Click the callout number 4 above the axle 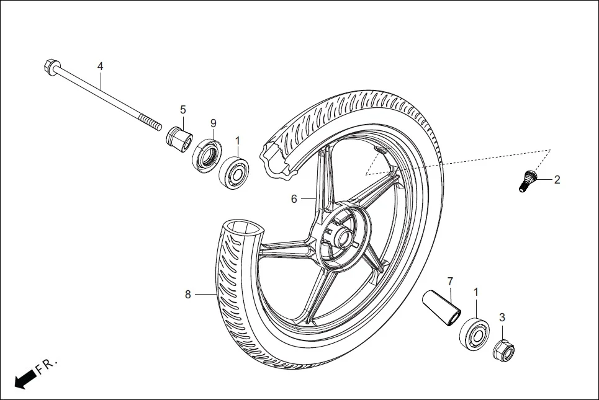(100, 66)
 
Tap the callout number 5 (183, 110)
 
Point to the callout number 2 (557, 180)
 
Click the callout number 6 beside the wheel (294, 198)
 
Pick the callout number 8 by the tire (187, 295)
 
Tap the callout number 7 (451, 281)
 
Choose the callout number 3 (502, 317)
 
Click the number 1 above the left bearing (237, 141)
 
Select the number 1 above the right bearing (476, 291)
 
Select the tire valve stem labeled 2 (527, 181)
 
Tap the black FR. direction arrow (24, 378)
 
